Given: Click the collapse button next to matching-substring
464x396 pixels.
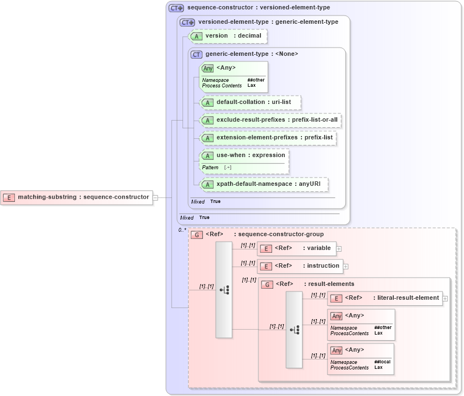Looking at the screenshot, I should coord(155,197).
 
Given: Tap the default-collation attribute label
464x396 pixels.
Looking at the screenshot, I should coord(253,102).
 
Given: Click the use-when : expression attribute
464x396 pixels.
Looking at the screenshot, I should coord(251,155).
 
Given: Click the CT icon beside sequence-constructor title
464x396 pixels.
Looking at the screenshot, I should coord(176,8).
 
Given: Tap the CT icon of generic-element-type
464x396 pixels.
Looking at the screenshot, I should coord(196,54).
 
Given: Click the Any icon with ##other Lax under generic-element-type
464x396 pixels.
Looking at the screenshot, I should coord(208,68).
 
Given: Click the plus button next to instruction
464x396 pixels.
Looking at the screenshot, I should coord(346,267).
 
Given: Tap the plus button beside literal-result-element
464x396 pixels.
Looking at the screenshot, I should coord(445,299).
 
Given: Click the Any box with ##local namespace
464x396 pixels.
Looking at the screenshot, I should coord(361,358).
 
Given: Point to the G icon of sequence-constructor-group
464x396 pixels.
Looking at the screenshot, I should coord(196,235).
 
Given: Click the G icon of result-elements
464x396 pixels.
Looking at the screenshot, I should coord(267,284).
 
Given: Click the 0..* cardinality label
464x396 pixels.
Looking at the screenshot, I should coord(182,230).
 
